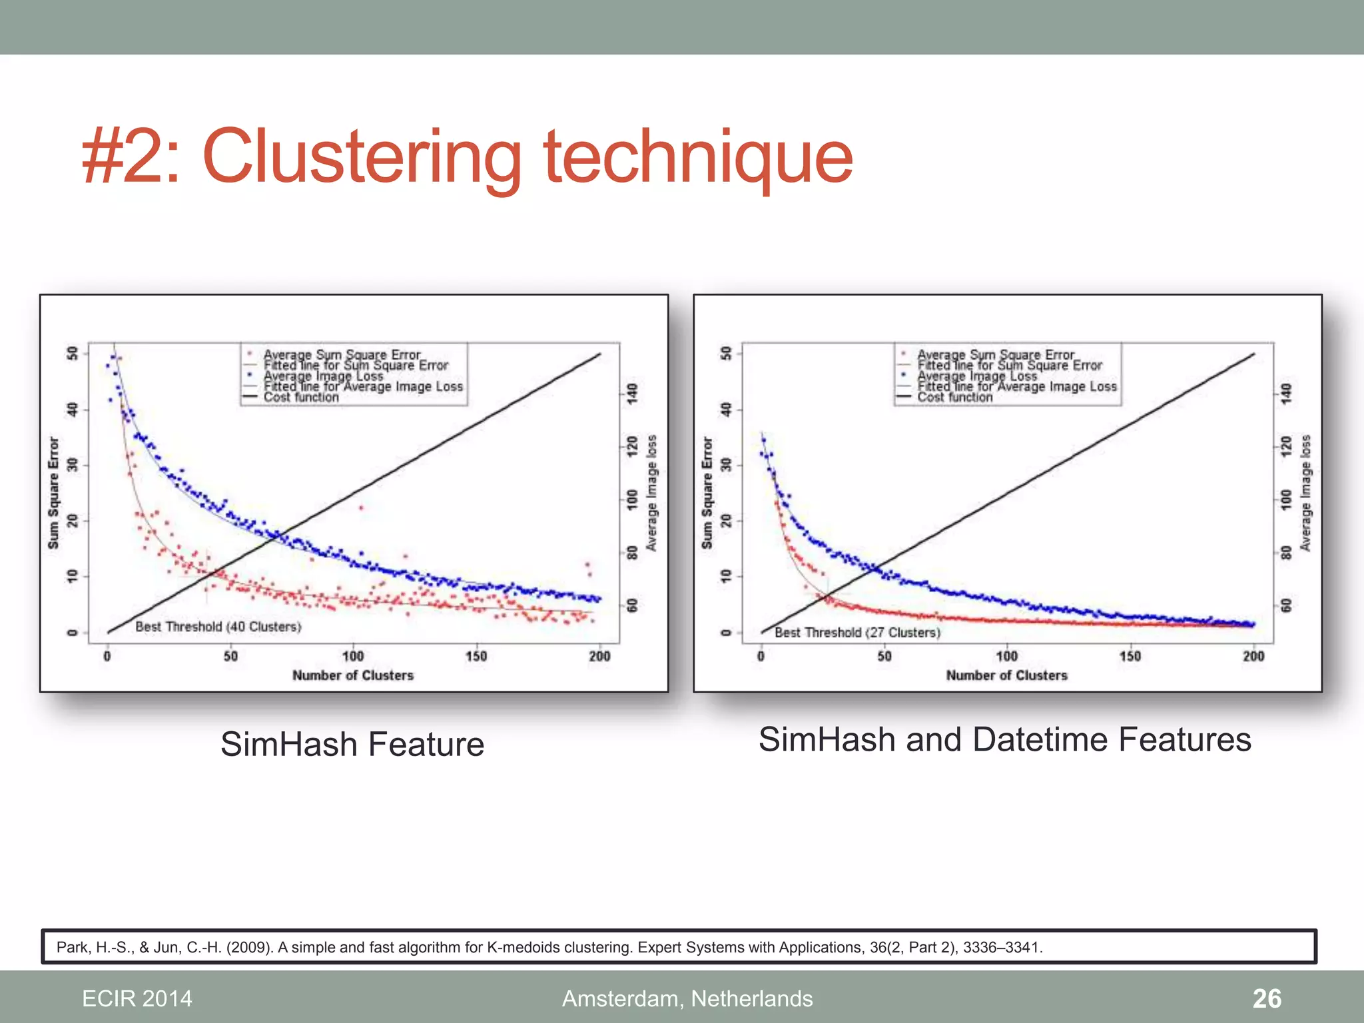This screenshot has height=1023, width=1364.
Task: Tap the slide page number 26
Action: point(1266,998)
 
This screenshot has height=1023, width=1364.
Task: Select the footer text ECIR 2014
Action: point(137,998)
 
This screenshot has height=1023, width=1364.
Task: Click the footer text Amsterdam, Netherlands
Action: point(687,998)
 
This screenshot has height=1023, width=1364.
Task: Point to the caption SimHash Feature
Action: point(352,744)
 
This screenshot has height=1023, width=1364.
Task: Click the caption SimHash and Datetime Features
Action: point(1004,739)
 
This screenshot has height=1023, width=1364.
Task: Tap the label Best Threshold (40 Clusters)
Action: point(218,627)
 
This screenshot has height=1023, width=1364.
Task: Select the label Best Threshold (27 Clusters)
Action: point(858,632)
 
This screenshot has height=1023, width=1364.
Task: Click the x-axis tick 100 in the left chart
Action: point(353,656)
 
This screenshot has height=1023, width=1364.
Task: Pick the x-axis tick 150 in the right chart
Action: point(1130,656)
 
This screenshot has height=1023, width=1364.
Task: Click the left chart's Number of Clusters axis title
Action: point(353,675)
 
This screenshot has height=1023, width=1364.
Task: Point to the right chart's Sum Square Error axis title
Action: point(707,493)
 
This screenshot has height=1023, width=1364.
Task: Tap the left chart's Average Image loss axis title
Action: point(652,493)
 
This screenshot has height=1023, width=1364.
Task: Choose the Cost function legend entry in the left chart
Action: point(301,398)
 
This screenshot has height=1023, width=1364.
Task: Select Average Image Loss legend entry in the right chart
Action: point(977,376)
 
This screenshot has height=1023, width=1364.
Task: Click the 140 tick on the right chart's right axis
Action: point(1287,393)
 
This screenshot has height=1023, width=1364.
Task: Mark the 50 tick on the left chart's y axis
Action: point(73,352)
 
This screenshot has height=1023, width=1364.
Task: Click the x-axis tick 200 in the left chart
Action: point(599,656)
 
